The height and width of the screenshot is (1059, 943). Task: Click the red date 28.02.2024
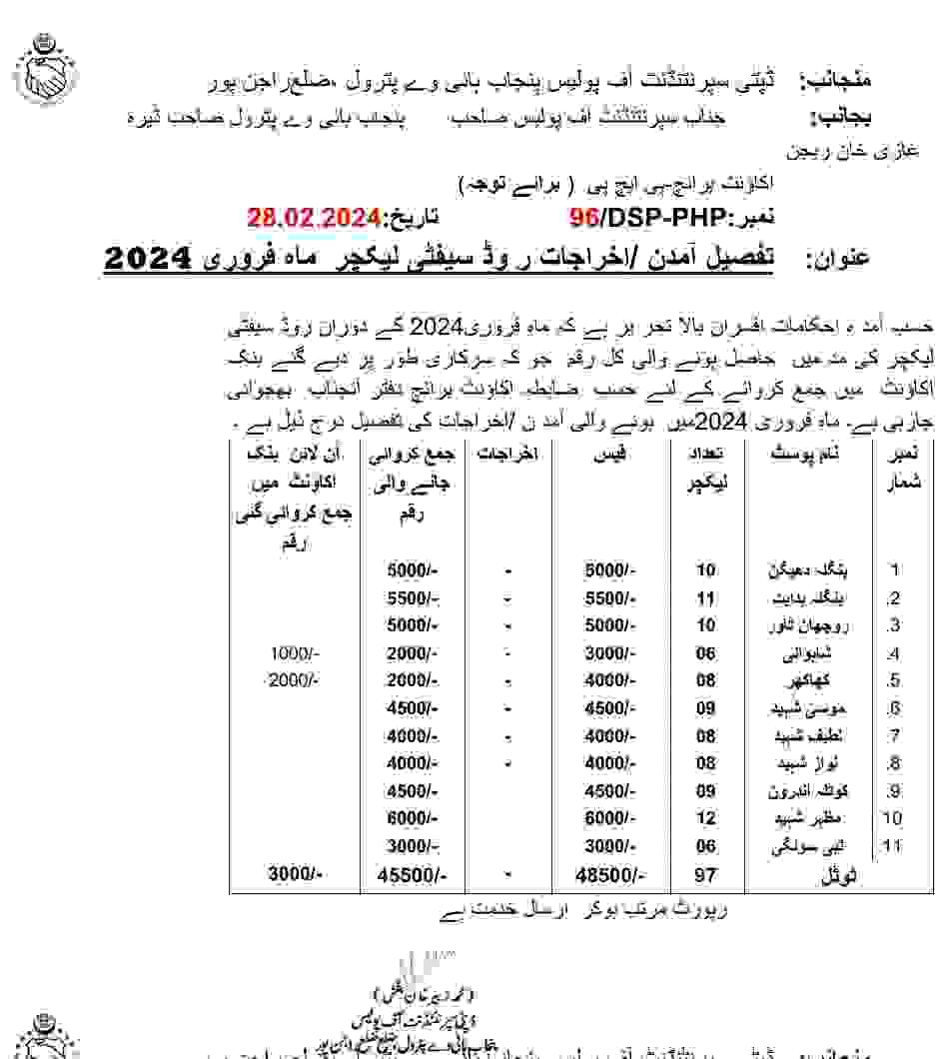click(x=314, y=218)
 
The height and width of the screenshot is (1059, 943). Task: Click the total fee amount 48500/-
click(x=610, y=875)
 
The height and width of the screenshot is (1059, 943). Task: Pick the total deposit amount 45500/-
click(x=413, y=875)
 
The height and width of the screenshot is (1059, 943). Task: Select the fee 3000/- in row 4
click(x=610, y=654)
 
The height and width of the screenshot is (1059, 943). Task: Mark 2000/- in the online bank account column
click(x=292, y=680)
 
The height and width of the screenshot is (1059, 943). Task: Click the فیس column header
click(x=607, y=455)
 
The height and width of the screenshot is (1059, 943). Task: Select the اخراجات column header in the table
click(x=509, y=455)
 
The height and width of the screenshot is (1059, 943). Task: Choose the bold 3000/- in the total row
click(x=295, y=875)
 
